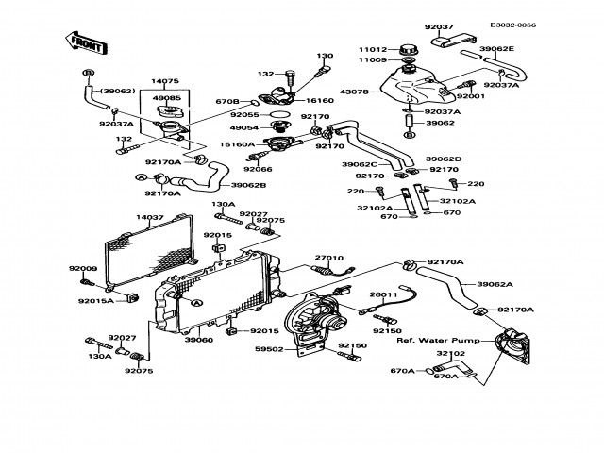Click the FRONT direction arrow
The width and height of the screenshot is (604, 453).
(x=83, y=41)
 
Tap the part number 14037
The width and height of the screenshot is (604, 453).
(x=150, y=218)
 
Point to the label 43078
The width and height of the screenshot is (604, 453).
(x=354, y=91)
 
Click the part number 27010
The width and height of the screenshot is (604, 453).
(x=327, y=257)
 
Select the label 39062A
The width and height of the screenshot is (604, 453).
(x=495, y=284)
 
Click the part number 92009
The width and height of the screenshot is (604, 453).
(x=82, y=268)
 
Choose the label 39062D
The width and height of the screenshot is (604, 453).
(x=443, y=159)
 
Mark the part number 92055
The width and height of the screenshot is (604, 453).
(x=244, y=113)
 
